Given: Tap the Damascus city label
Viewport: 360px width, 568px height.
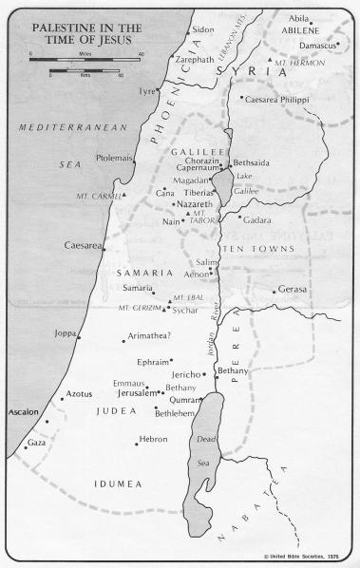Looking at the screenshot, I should pyautogui.click(x=318, y=45).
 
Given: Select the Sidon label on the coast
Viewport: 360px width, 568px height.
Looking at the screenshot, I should pyautogui.click(x=203, y=29).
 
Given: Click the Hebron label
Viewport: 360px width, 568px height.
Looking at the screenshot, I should pyautogui.click(x=154, y=439).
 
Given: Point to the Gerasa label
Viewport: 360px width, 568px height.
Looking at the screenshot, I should pyautogui.click(x=294, y=290).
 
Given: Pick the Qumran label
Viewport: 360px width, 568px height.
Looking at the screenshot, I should pyautogui.click(x=186, y=400).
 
